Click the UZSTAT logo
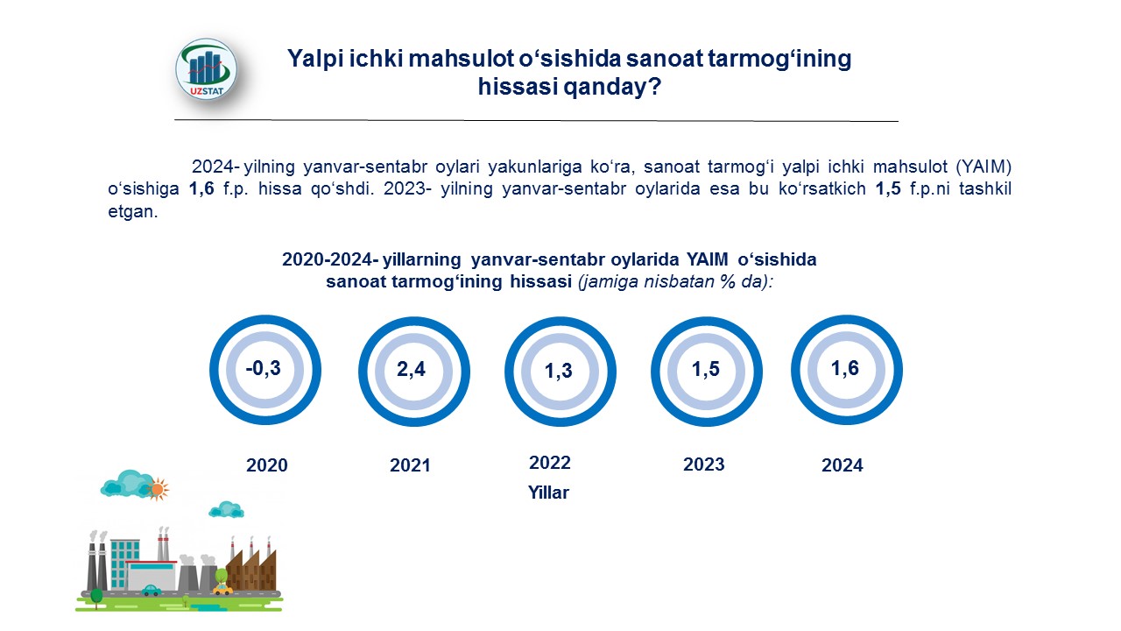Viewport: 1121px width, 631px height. tap(206, 69)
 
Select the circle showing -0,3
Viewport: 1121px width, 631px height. tap(265, 317)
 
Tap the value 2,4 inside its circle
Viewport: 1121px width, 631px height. tap(411, 369)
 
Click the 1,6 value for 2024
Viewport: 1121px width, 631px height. tap(845, 368)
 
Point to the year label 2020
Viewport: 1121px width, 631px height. tap(267, 465)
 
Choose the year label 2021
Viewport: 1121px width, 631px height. tap(410, 465)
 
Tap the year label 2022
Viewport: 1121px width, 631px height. tap(549, 462)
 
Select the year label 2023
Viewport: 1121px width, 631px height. tap(703, 464)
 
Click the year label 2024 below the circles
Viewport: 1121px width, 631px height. tap(843, 465)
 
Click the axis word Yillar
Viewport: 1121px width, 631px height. tap(548, 493)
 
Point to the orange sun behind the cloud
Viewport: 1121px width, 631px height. tap(159, 489)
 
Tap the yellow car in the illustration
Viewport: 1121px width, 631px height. tap(222, 590)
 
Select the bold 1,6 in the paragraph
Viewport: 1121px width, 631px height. tap(201, 188)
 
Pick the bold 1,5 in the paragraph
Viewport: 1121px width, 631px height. tap(888, 188)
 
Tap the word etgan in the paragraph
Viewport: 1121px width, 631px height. tap(132, 211)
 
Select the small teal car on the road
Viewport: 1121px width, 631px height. tap(152, 591)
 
